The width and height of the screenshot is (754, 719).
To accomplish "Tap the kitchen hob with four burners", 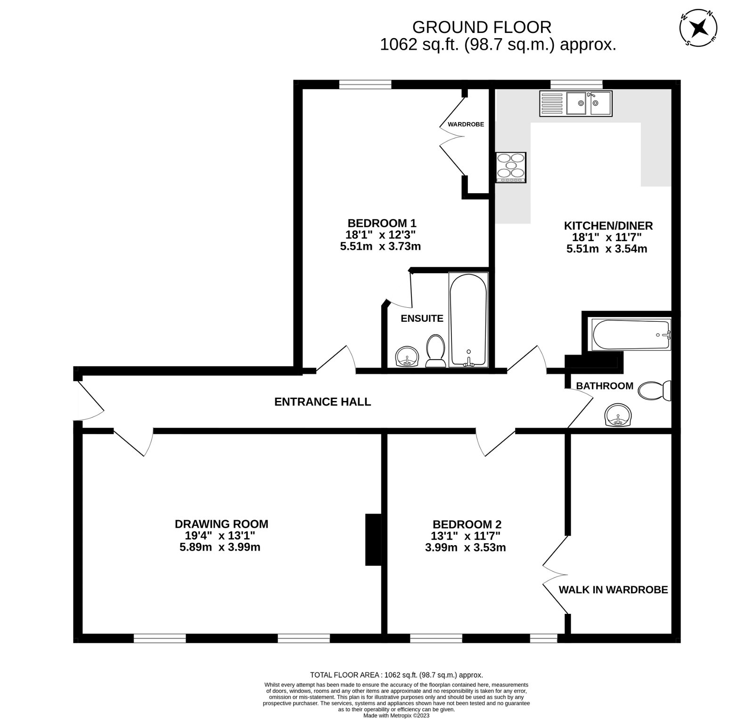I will [x=510, y=167].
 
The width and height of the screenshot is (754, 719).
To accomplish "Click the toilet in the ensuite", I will [x=435, y=351].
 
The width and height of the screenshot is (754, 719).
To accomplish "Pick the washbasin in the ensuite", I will [x=407, y=357].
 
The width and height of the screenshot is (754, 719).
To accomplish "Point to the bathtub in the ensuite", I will [x=468, y=319].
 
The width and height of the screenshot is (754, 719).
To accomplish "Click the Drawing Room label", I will [x=221, y=524].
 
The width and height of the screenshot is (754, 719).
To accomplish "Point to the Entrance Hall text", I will [x=322, y=402].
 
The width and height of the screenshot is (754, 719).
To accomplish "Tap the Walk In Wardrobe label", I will [x=613, y=589].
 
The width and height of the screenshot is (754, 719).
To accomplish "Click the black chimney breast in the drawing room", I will [x=372, y=539].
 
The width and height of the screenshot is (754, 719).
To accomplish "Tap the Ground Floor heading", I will [x=482, y=27].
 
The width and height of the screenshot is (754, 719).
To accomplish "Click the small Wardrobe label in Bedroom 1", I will [x=465, y=124].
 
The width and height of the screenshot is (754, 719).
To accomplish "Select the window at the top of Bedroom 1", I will [x=365, y=84].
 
